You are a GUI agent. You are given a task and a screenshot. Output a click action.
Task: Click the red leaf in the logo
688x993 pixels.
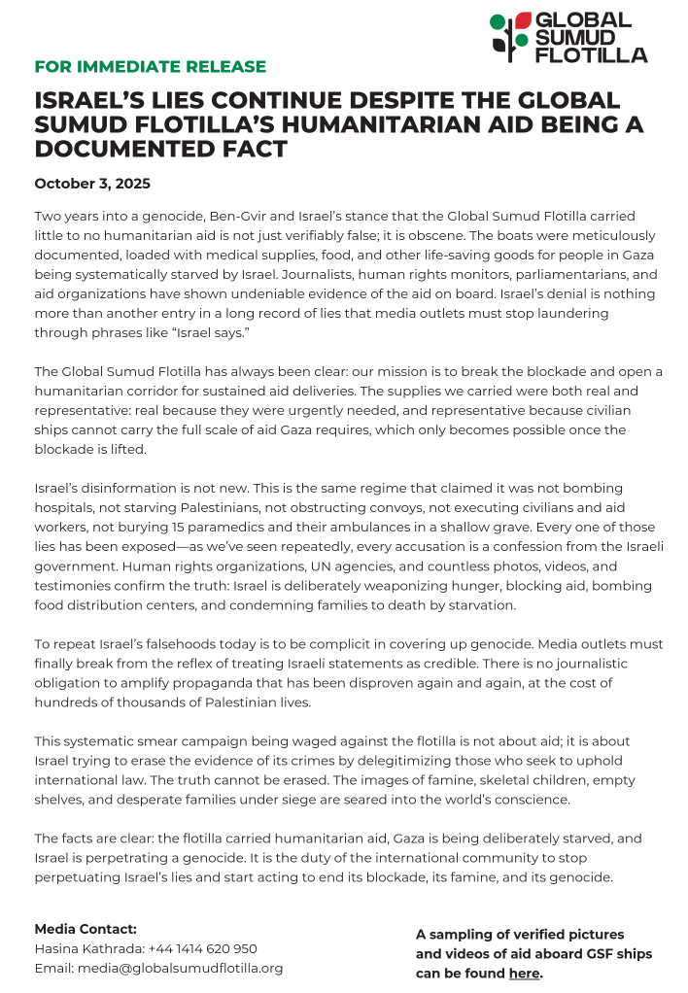[523, 20]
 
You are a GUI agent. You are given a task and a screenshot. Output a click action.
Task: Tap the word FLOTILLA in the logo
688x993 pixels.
[592, 54]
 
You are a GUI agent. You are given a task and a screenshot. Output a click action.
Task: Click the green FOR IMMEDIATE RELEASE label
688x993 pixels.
[150, 67]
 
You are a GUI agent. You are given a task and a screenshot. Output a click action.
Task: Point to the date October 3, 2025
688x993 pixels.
[92, 184]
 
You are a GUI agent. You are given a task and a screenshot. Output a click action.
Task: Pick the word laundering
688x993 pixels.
[569, 313]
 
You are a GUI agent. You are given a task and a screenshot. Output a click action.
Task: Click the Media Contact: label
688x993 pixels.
[86, 929]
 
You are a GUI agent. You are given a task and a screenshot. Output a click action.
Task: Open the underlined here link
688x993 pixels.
[524, 974]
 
